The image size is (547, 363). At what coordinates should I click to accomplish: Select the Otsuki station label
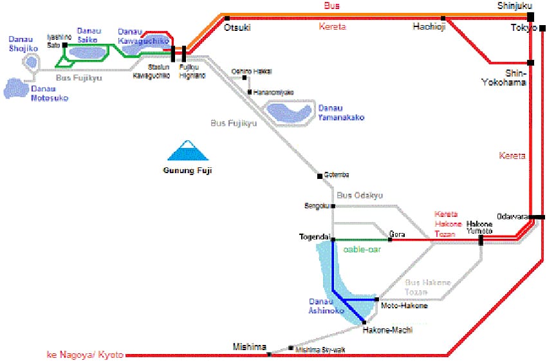(x=237, y=28)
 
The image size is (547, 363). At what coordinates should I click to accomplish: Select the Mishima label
(x=249, y=346)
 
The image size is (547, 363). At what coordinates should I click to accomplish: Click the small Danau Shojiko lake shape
(x=30, y=62)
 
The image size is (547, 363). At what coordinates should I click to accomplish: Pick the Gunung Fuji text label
(x=187, y=171)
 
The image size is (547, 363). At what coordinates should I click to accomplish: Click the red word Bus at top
(x=333, y=6)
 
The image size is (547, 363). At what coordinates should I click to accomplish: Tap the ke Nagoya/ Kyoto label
(x=86, y=355)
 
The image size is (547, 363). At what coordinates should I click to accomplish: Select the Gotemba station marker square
(x=320, y=176)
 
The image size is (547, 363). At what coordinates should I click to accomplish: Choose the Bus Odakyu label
(x=360, y=195)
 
